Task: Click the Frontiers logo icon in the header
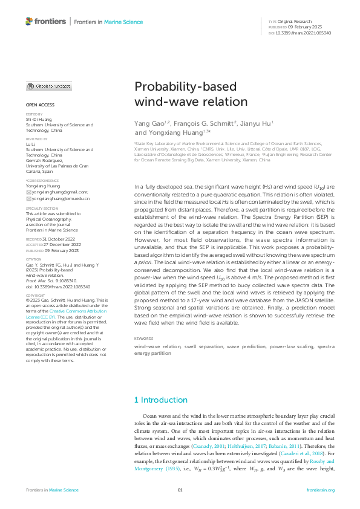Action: point(29,22)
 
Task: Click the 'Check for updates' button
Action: point(48,86)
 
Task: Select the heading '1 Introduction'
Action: point(160,400)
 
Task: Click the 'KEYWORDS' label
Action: point(143,338)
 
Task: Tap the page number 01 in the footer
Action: point(180,490)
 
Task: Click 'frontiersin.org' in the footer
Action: point(320,490)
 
